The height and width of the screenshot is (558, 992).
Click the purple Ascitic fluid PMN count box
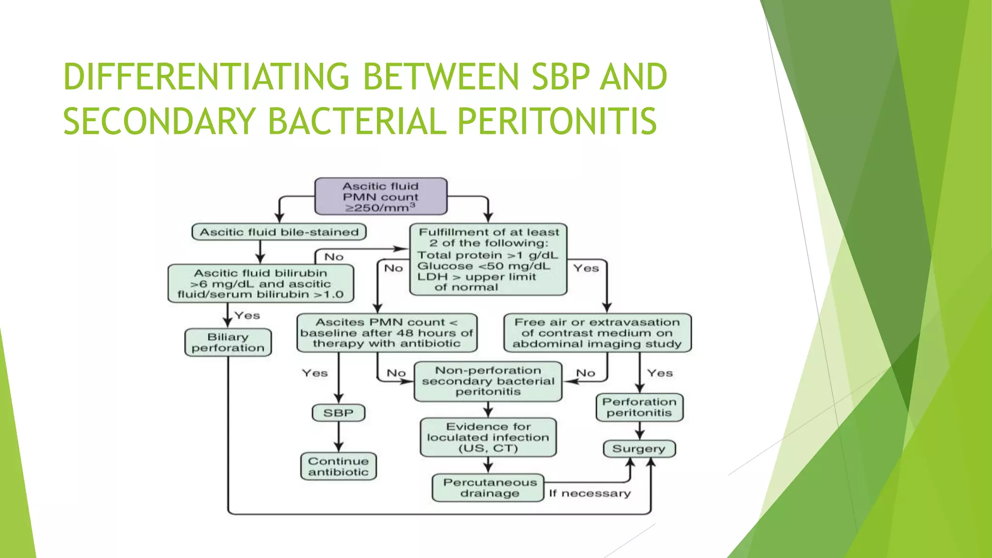pyautogui.click(x=381, y=196)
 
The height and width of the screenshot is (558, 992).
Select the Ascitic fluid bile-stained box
pyautogui.click(x=279, y=232)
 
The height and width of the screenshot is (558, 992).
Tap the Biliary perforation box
pyautogui.click(x=228, y=342)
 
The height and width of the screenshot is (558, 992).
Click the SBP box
pyautogui.click(x=338, y=413)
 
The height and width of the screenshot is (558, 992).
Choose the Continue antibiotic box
pyautogui.click(x=338, y=466)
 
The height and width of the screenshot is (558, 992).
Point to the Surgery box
pyautogui.click(x=638, y=449)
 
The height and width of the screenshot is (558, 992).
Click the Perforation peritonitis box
pyautogui.click(x=639, y=407)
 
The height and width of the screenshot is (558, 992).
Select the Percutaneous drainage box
pyautogui.click(x=489, y=488)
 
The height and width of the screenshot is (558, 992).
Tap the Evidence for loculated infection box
pyautogui.click(x=488, y=437)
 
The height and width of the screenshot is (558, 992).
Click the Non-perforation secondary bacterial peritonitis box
pyautogui.click(x=488, y=381)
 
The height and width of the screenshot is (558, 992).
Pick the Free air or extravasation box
pyautogui.click(x=597, y=333)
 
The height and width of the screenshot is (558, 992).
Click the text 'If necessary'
pyautogui.click(x=589, y=494)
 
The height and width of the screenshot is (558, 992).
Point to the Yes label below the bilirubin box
pyautogui.click(x=247, y=315)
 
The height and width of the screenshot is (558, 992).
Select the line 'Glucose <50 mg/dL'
pyautogui.click(x=483, y=266)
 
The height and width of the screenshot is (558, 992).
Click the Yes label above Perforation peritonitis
pyautogui.click(x=660, y=373)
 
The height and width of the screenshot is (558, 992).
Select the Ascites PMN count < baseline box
pyautogui.click(x=387, y=333)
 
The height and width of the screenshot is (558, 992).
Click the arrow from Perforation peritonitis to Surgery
pyautogui.click(x=639, y=431)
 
